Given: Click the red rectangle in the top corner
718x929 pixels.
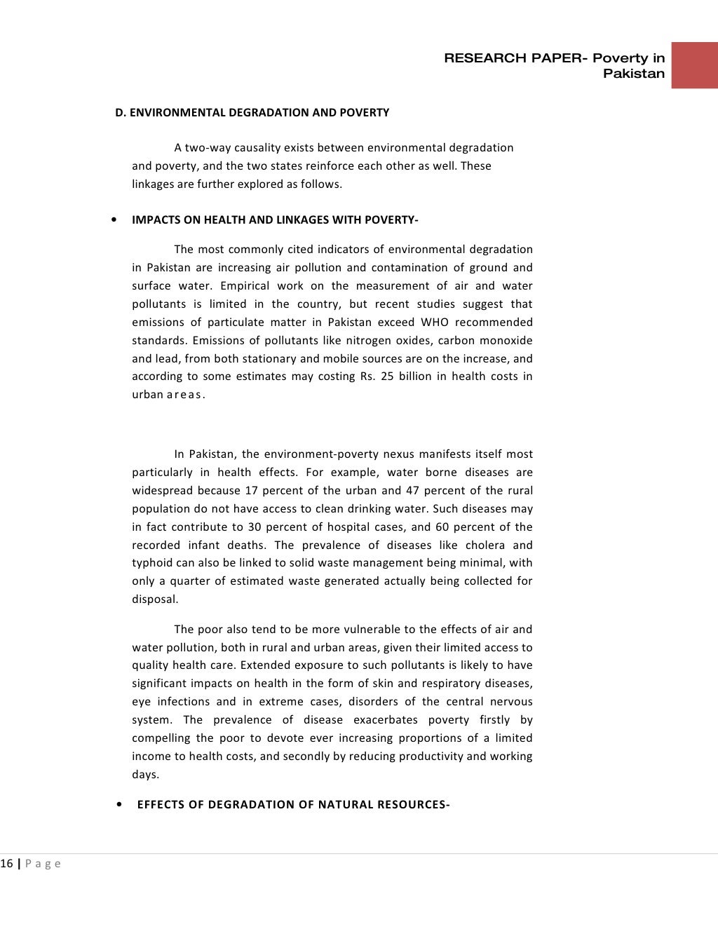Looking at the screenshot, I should click(694, 65).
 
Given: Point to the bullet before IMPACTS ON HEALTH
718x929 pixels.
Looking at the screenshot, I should click(115, 220).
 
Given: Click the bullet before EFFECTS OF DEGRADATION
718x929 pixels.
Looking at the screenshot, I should click(120, 804).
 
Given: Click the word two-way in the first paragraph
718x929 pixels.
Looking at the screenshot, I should click(206, 148).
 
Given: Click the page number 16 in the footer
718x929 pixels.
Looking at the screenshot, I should click(6, 864).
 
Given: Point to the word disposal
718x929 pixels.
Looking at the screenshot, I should click(155, 599).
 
